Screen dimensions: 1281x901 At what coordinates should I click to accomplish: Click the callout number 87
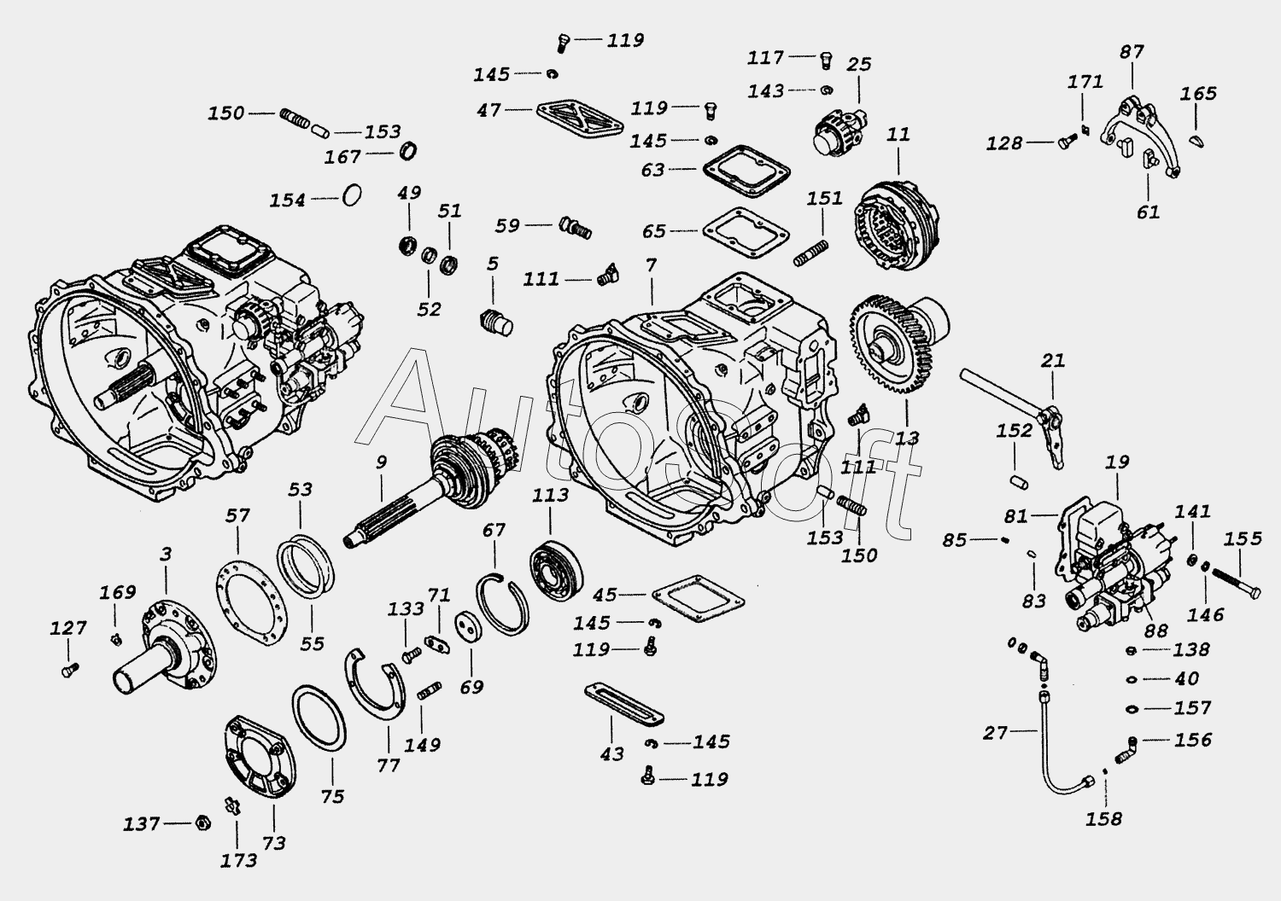[1132, 52]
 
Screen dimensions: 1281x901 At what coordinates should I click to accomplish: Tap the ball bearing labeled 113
[556, 567]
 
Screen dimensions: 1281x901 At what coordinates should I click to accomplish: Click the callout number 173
[239, 860]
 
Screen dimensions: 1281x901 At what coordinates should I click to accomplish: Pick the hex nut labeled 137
[202, 823]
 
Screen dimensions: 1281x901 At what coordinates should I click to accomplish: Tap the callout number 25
[858, 64]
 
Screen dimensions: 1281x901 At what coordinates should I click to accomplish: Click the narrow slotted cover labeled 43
[624, 705]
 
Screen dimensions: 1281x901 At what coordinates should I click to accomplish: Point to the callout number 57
[237, 515]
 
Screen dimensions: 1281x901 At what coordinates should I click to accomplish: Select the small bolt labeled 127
[70, 670]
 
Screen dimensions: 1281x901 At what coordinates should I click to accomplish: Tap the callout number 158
[1103, 819]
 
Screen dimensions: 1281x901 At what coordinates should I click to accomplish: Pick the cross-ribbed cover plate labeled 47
[579, 119]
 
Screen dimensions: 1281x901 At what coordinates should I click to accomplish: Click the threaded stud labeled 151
[811, 253]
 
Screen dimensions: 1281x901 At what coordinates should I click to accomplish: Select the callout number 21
[1053, 361]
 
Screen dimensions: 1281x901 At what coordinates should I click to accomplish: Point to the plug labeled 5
[495, 323]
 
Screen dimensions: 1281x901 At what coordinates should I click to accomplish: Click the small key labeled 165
[1196, 141]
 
